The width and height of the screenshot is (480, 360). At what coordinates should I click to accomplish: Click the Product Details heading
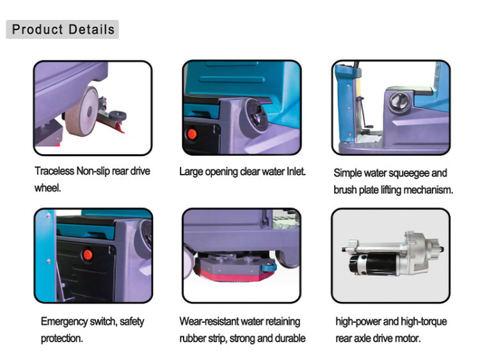pos(63,29)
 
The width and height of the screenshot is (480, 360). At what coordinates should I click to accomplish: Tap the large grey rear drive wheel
pos(82,111)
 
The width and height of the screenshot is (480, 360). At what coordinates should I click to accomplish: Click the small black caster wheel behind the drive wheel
pos(118,116)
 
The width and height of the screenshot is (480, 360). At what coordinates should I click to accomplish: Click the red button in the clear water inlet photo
pos(192,134)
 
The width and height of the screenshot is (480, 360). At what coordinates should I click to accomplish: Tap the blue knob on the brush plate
pos(269,267)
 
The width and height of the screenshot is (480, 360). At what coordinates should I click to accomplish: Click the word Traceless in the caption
pos(54,171)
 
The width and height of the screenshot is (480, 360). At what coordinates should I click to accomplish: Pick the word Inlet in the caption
pos(296,171)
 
